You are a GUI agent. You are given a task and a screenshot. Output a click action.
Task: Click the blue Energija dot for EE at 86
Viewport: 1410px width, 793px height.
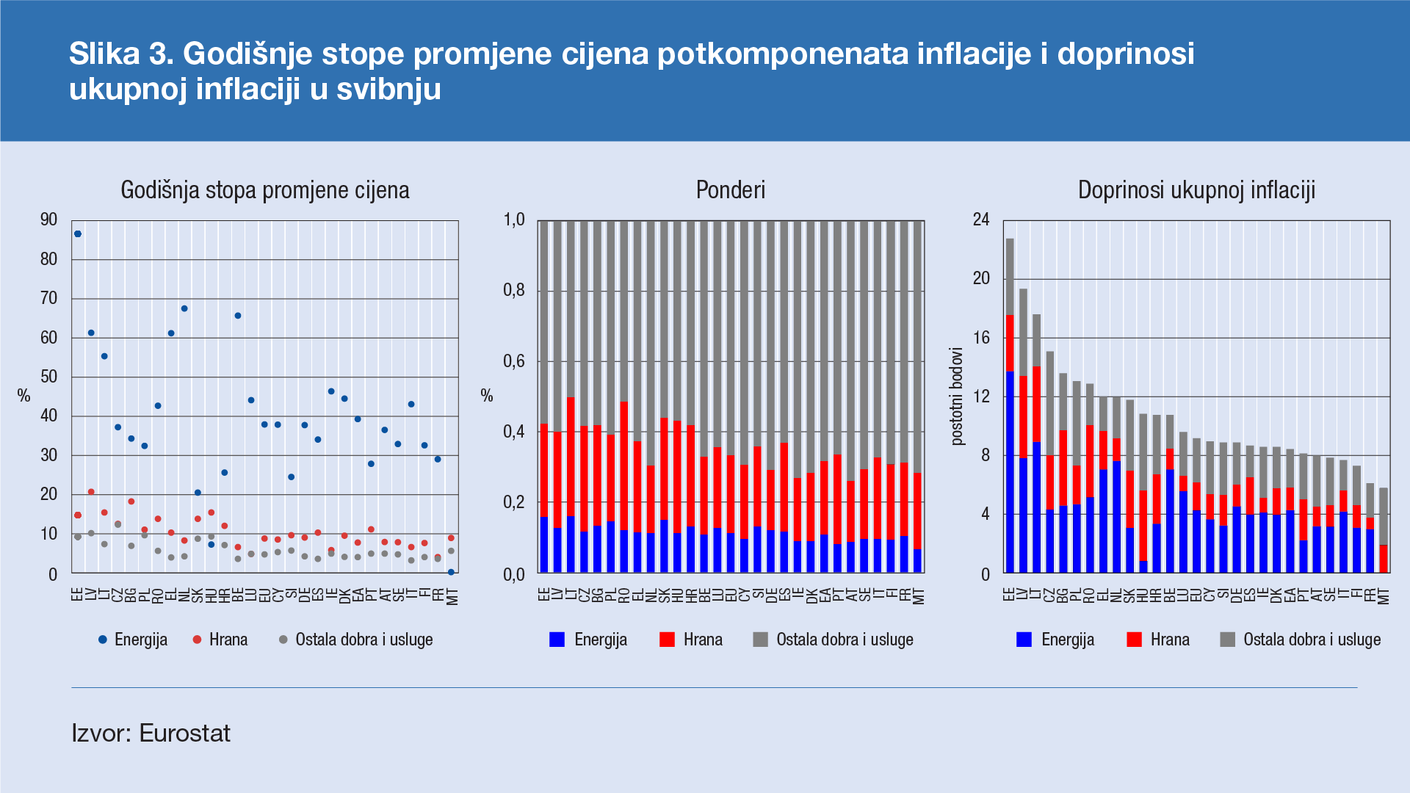tap(78, 233)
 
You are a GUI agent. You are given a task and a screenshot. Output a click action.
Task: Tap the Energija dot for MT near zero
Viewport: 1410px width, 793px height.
tap(451, 571)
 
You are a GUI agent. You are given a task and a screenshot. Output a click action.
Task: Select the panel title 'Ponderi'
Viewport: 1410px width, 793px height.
tap(730, 190)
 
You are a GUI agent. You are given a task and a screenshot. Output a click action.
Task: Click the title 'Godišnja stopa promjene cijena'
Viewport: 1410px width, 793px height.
tap(264, 190)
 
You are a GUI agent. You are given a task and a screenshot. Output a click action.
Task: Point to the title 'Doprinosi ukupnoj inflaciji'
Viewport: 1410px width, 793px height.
tap(1196, 190)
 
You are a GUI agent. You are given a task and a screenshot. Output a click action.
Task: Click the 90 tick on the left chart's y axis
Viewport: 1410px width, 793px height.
tap(48, 220)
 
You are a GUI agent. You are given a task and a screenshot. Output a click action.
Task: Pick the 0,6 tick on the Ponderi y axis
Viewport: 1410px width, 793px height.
tap(513, 361)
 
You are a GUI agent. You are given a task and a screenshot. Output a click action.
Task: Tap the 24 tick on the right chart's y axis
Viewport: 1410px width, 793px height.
tap(981, 220)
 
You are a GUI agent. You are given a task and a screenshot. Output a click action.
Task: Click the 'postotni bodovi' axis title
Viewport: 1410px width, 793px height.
tap(956, 396)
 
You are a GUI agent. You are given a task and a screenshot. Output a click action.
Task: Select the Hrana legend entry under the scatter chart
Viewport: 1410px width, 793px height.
tap(228, 640)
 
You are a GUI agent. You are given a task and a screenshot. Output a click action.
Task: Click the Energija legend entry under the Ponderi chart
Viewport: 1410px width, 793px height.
tap(600, 640)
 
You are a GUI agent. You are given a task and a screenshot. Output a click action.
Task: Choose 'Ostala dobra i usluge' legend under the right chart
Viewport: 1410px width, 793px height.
tap(1311, 640)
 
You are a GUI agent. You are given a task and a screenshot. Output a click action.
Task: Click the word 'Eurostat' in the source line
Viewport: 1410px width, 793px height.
tap(184, 733)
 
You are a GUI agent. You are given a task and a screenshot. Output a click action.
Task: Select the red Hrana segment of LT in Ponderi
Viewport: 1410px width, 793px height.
tap(571, 455)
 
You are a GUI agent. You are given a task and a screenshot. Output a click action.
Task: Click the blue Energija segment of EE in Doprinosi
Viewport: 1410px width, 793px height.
tap(1010, 470)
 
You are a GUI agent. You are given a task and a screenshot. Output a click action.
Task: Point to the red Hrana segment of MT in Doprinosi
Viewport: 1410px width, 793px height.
tap(1384, 558)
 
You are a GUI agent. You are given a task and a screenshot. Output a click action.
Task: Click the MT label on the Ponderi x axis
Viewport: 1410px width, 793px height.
tap(918, 596)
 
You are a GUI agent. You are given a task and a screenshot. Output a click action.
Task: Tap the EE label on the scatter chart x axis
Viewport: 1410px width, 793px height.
tap(78, 593)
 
